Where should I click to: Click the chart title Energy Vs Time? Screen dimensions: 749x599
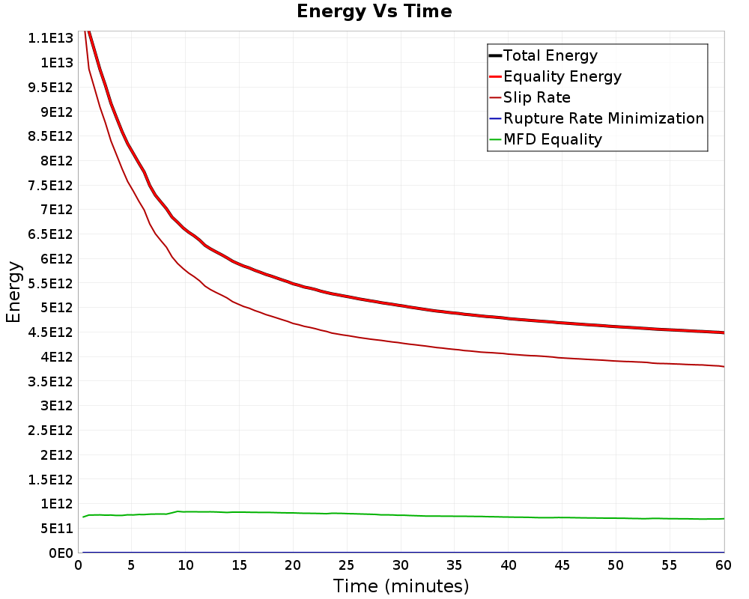[x=374, y=11]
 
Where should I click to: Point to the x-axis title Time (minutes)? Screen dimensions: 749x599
[x=401, y=586]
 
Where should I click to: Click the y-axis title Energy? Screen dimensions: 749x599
[x=13, y=292]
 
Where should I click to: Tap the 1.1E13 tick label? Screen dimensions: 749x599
[x=51, y=38]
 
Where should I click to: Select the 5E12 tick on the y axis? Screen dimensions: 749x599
[x=57, y=308]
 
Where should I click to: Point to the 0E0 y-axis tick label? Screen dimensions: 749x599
[x=61, y=553]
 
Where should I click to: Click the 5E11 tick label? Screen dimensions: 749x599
[x=57, y=529]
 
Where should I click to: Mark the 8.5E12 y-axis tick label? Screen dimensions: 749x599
[x=51, y=136]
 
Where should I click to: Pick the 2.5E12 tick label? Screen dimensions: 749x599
[x=51, y=431]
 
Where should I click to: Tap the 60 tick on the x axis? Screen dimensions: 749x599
[x=724, y=565]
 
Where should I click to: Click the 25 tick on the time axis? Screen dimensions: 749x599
[x=346, y=565]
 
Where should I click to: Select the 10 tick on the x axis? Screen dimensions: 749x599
[x=185, y=565]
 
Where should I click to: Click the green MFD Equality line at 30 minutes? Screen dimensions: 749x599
[x=401, y=515]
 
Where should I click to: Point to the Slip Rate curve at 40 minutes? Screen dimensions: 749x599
[x=509, y=354]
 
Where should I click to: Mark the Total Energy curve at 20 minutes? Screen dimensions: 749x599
[x=293, y=283]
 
